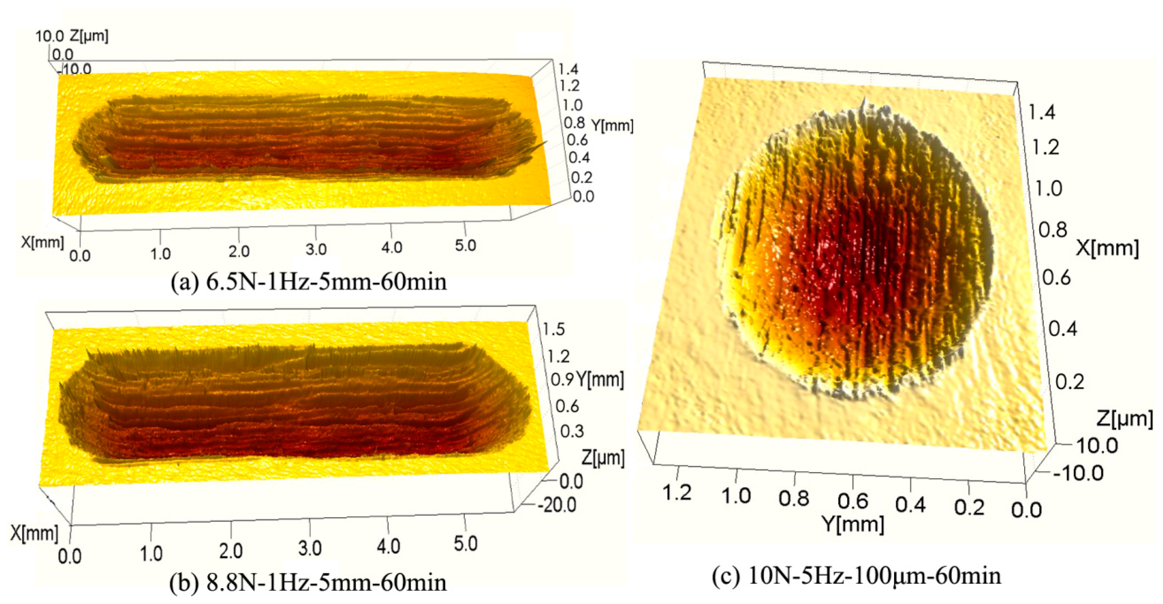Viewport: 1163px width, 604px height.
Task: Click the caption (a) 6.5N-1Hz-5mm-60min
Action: [309, 282]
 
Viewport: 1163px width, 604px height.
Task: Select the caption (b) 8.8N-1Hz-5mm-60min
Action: [308, 582]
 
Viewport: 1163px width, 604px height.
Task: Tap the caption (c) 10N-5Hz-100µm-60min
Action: [856, 576]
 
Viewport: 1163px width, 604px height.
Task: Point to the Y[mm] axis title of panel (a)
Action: [612, 125]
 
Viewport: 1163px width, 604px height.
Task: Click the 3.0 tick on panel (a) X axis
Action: [315, 249]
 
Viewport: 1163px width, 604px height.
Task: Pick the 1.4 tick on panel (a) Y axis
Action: [568, 69]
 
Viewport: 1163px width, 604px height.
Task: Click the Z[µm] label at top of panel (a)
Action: [89, 36]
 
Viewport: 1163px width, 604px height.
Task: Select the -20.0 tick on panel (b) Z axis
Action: [557, 505]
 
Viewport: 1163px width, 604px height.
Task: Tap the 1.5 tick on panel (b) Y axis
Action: [553, 329]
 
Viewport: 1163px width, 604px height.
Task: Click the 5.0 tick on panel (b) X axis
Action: [466, 544]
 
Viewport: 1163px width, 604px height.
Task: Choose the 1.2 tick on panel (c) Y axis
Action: [677, 492]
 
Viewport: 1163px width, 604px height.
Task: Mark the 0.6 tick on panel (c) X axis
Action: [1057, 277]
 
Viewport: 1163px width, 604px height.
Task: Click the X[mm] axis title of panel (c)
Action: [1107, 248]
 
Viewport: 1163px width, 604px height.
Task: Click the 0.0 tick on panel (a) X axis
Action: [80, 256]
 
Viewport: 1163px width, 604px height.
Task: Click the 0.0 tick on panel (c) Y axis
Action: [1026, 510]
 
